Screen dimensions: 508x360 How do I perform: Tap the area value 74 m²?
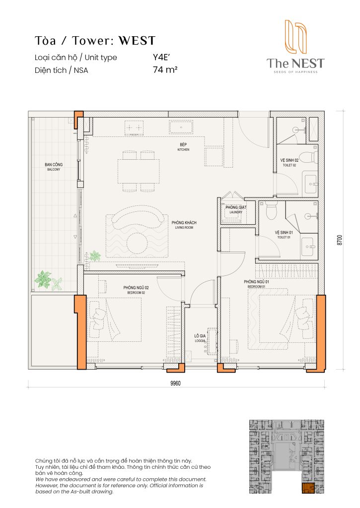[165, 70]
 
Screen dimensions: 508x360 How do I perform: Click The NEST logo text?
[295, 63]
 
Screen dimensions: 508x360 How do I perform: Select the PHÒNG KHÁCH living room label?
[182, 225]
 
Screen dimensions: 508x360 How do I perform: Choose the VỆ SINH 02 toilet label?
[289, 163]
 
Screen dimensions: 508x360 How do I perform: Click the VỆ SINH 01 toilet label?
[284, 235]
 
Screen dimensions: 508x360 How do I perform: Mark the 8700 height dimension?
[340, 240]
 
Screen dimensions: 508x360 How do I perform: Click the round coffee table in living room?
[136, 242]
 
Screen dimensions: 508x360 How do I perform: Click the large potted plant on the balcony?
[44, 279]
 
